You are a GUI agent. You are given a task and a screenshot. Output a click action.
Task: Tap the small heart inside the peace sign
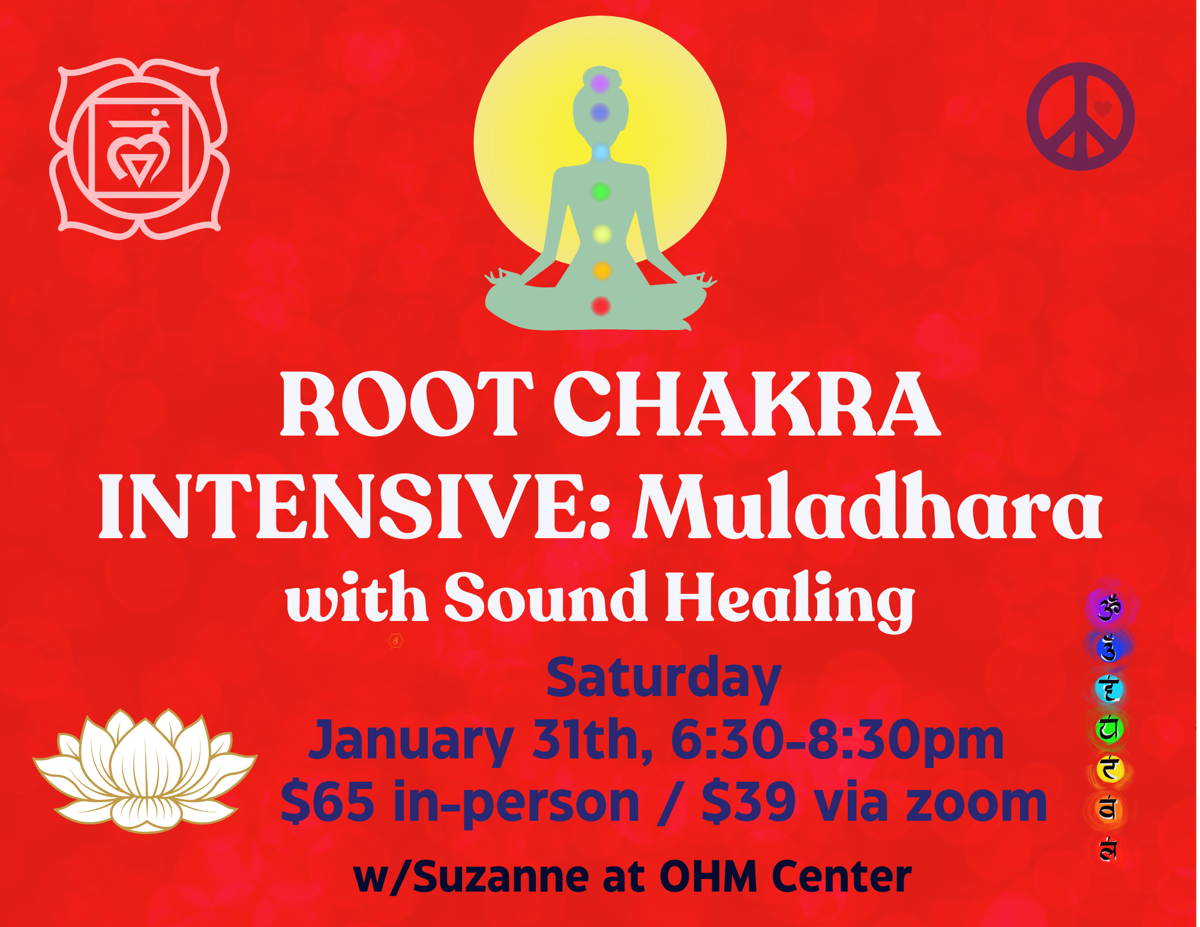coord(1103,109)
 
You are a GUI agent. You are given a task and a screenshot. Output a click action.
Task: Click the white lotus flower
coord(145,770)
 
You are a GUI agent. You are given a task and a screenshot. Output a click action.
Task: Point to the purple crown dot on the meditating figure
coord(600,83)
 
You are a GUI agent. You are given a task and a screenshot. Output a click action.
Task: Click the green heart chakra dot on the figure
coord(601,192)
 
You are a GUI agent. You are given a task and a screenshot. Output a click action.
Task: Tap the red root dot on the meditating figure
coord(601,306)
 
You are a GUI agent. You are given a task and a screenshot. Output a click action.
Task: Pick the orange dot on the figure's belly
coord(602,271)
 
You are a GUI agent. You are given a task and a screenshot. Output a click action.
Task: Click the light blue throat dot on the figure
coord(601,153)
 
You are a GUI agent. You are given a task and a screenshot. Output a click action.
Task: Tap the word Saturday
coord(664,679)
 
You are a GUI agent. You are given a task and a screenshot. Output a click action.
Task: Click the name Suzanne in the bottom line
coord(500,877)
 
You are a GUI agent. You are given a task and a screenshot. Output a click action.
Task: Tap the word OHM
coord(709,877)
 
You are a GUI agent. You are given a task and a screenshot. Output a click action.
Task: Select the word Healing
coord(790,599)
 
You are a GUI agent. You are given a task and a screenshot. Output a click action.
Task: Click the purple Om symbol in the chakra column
coord(1109,607)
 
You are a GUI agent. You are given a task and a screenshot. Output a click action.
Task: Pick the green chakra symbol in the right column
coord(1109,729)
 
